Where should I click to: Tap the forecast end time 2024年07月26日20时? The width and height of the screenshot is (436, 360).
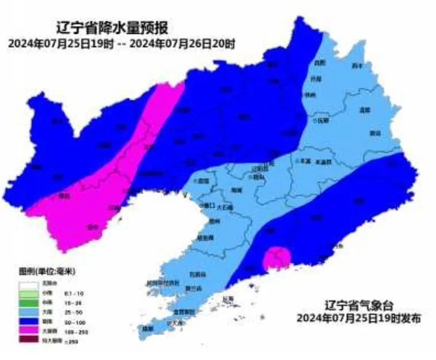coord(182,44)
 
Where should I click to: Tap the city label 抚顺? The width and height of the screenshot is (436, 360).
coord(322,121)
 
